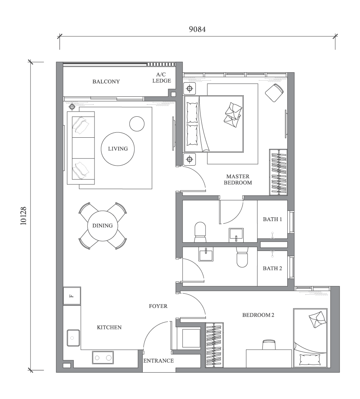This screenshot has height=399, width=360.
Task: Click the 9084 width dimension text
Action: (197, 29)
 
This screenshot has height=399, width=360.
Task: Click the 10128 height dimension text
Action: (24, 216)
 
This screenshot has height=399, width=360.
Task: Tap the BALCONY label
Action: (106, 81)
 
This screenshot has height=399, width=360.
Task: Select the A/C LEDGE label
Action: (161, 78)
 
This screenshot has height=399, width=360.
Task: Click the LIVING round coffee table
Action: (118, 149)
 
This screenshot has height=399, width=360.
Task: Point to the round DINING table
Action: (103, 226)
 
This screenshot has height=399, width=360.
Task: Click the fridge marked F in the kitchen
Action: (72, 296)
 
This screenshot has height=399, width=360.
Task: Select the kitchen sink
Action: (73, 337)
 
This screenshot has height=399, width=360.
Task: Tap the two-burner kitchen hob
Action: (103, 358)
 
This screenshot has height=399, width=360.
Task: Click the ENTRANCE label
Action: (158, 361)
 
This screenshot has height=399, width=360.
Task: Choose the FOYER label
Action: (158, 306)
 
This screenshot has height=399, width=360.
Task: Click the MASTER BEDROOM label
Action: (238, 179)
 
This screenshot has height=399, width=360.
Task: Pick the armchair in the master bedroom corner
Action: (275, 93)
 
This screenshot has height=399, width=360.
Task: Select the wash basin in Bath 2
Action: (206, 254)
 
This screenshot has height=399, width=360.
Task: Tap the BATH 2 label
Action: (272, 268)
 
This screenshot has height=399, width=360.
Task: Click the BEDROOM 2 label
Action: (258, 315)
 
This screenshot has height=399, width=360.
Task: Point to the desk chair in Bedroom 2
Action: (269, 344)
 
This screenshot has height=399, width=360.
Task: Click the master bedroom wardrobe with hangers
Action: (278, 172)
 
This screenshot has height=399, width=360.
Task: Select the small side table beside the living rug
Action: (137, 124)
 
